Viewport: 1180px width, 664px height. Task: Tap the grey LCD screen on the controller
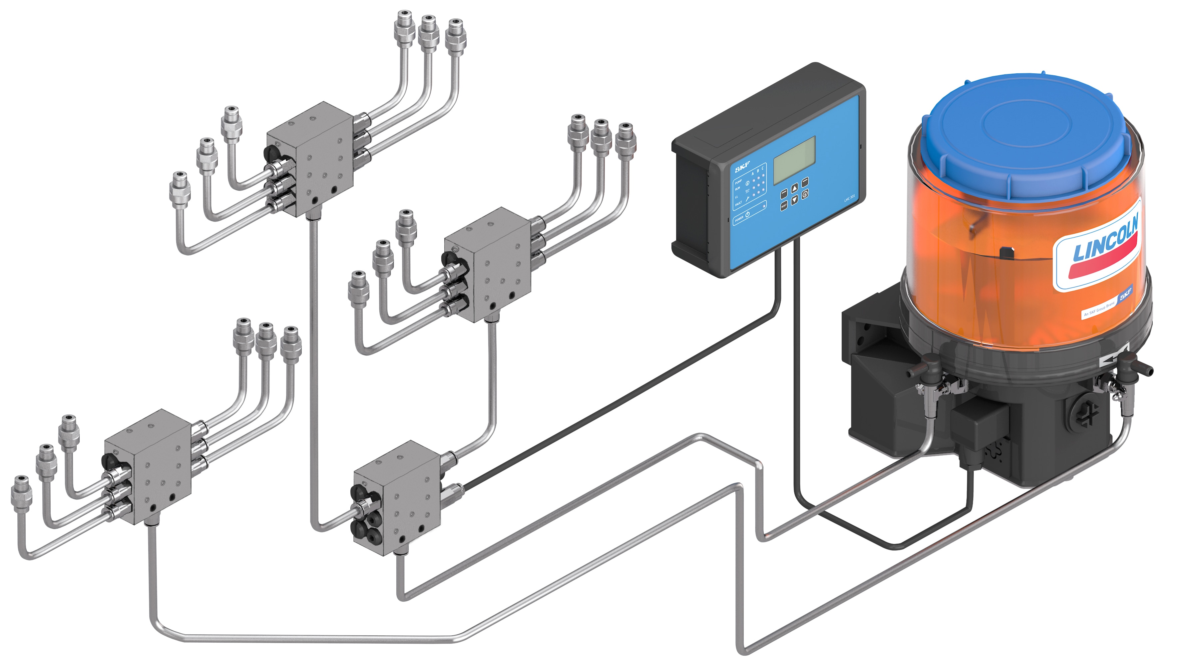[794, 160]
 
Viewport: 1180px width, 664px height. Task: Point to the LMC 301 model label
[850, 199]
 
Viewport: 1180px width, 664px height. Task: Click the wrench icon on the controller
[748, 199]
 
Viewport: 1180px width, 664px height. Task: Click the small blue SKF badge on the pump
[1125, 294]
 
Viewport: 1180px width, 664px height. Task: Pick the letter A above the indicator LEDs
[753, 174]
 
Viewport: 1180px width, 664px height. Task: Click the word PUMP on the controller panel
[738, 182]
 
